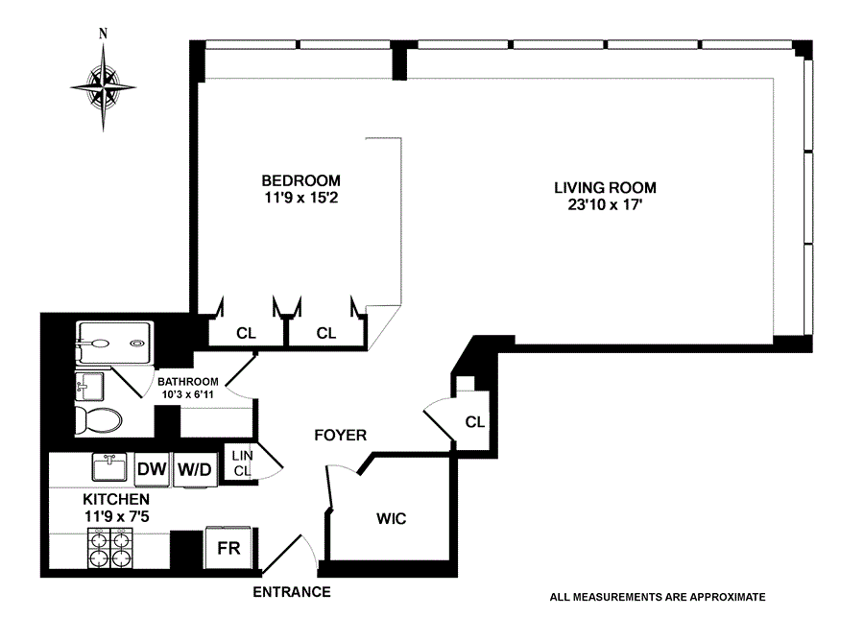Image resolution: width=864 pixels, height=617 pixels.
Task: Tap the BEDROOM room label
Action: tap(301, 180)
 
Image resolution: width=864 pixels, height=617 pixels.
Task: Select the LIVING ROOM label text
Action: tap(611, 187)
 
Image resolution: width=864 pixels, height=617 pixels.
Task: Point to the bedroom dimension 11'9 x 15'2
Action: tap(301, 199)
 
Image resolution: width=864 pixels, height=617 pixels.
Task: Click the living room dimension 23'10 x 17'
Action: tap(611, 204)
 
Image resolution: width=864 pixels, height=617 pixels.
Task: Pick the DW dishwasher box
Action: tap(152, 469)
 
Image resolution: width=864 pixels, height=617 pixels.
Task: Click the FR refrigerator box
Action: tap(229, 549)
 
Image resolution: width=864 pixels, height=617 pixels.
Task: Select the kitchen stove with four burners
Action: tap(108, 551)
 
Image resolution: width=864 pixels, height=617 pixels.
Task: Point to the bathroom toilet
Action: tap(99, 419)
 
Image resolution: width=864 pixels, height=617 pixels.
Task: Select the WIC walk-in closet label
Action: tap(391, 519)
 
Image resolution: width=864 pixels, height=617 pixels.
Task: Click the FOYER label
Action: tap(341, 436)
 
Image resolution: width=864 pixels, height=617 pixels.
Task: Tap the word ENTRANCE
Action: tap(292, 592)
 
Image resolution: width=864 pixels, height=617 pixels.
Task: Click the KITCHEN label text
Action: tap(115, 500)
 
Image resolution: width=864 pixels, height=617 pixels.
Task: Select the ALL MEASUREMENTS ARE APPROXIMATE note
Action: tap(658, 596)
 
